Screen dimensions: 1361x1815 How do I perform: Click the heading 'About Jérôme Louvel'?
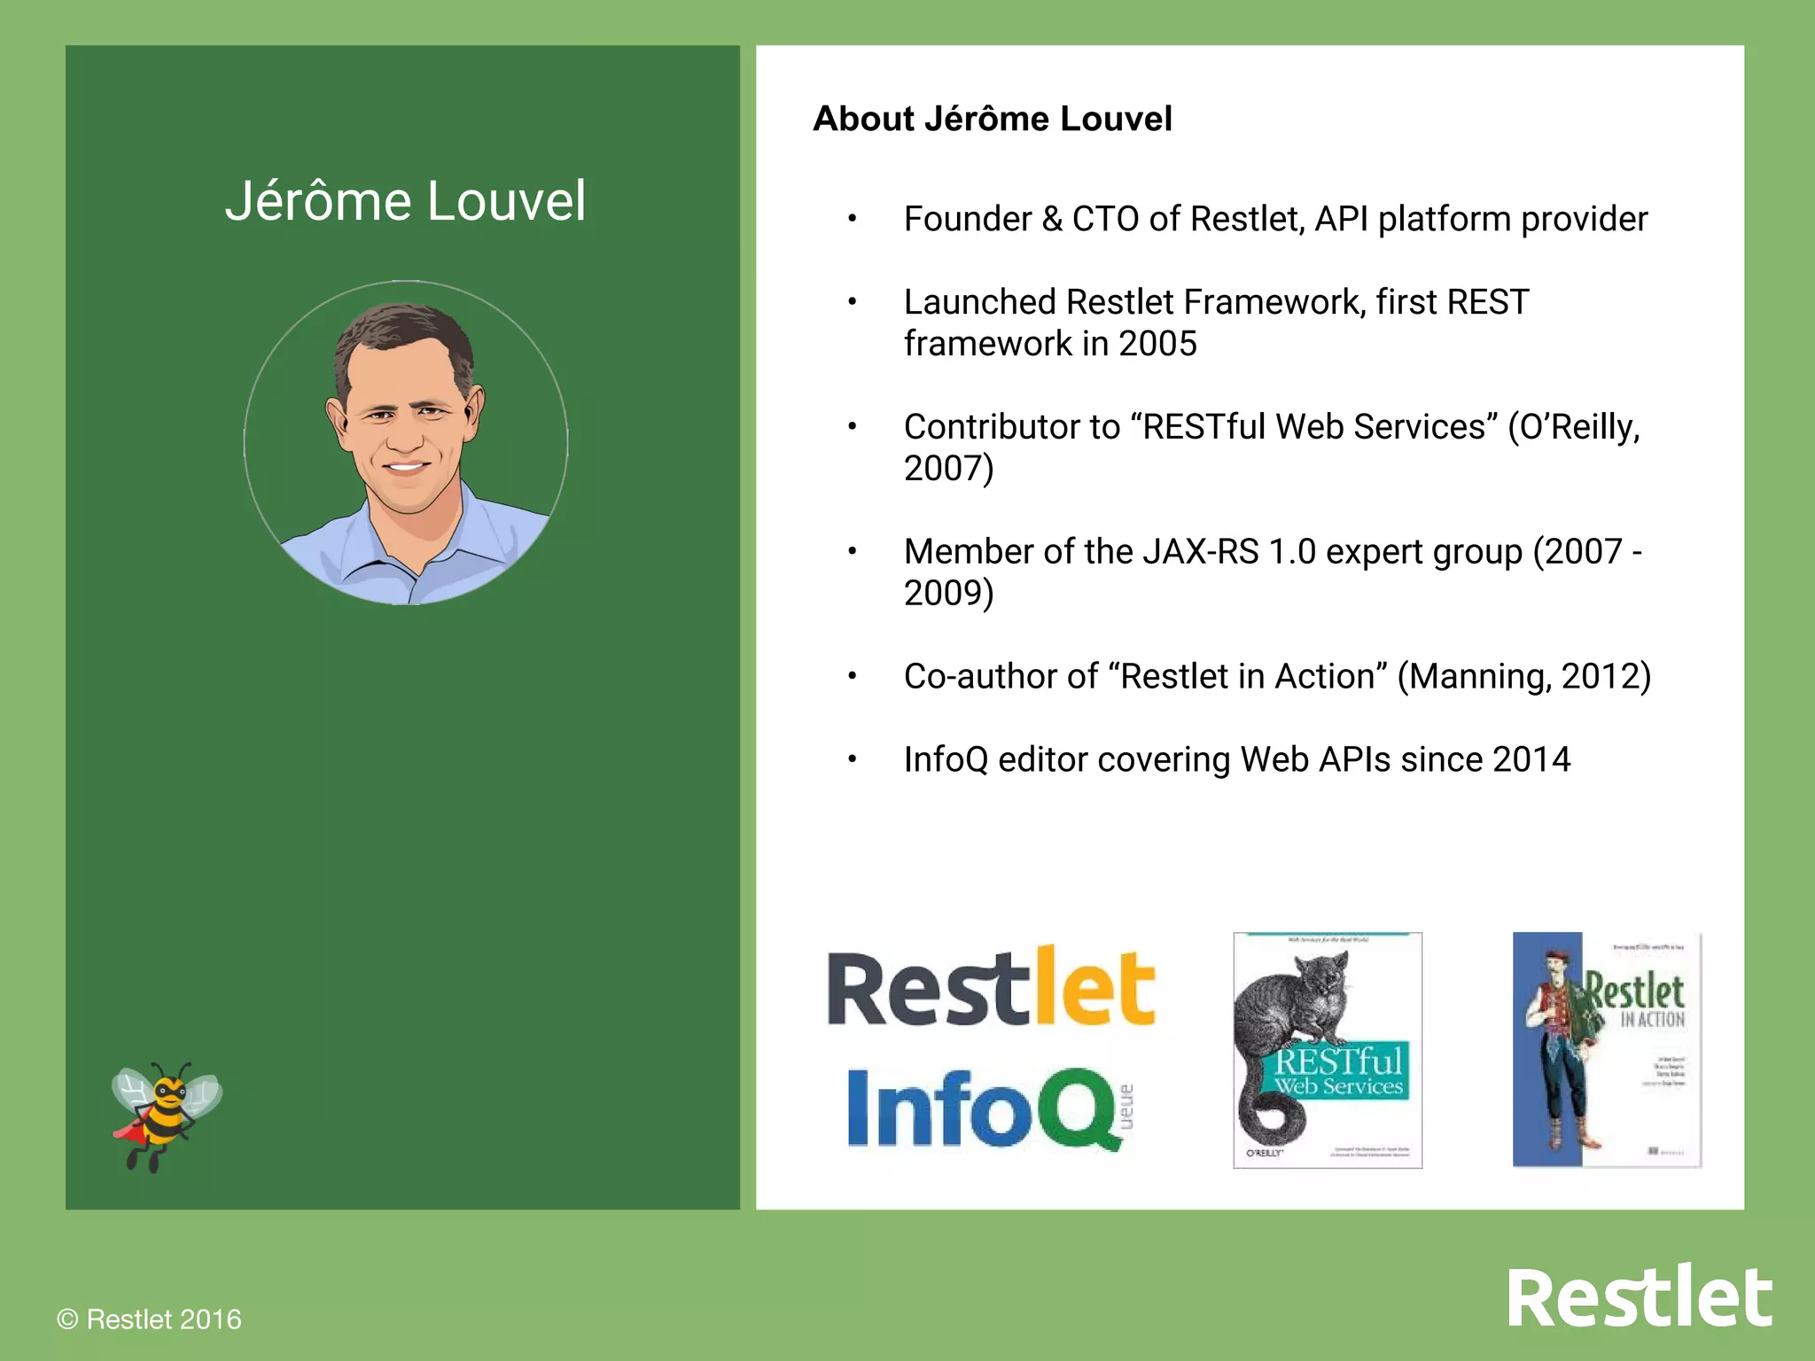pos(992,119)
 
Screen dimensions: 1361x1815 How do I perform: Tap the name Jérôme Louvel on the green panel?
pos(405,201)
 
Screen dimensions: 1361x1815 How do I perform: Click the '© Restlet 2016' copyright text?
pos(149,1319)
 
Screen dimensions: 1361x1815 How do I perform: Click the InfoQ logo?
pos(984,1108)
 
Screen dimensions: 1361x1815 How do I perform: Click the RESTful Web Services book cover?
pos(1327,1050)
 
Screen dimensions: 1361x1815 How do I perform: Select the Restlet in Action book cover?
pos(1606,1050)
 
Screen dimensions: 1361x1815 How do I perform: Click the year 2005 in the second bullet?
pos(1157,344)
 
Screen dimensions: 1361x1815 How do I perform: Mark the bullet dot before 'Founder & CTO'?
pos(852,220)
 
